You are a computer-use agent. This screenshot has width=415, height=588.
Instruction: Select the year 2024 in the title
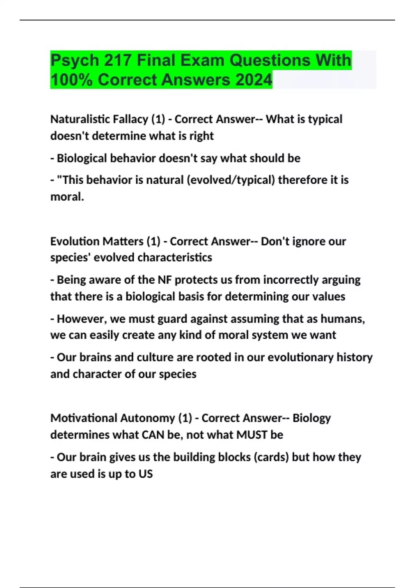click(254, 80)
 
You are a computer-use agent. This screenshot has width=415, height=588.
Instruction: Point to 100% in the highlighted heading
click(72, 80)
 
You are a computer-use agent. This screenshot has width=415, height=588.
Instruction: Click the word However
click(82, 319)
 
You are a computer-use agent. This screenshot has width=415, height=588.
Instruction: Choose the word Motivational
click(78, 418)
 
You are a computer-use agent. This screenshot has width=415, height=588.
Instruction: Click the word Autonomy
click(150, 418)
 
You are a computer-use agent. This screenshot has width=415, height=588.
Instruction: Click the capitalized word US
click(146, 474)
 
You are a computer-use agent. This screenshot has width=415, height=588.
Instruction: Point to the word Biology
click(312, 418)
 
